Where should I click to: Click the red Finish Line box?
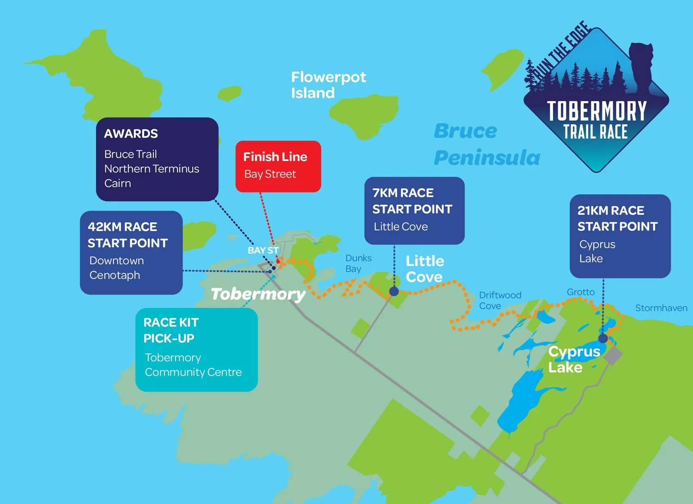coord(278,166)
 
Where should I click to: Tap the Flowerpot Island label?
coord(328,85)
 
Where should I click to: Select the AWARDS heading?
coord(131,134)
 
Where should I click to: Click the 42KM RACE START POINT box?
coord(131,252)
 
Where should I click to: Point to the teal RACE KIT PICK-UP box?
coord(196,349)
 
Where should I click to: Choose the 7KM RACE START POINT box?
coord(414,210)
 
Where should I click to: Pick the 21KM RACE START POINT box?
coord(620,236)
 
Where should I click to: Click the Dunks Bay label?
coord(358,263)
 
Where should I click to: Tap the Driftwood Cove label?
coord(500,300)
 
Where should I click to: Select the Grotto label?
coord(581,292)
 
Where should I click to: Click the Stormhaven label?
coord(661,308)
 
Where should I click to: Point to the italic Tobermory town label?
coord(258,294)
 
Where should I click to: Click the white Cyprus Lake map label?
coord(574,359)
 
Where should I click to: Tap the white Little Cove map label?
coord(425,268)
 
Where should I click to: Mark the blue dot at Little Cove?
coord(394,291)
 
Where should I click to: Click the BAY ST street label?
coord(263,250)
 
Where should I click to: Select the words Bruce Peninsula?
coord(486,144)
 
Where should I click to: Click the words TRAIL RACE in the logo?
coord(596,132)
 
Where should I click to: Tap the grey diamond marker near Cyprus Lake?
coord(613,355)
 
